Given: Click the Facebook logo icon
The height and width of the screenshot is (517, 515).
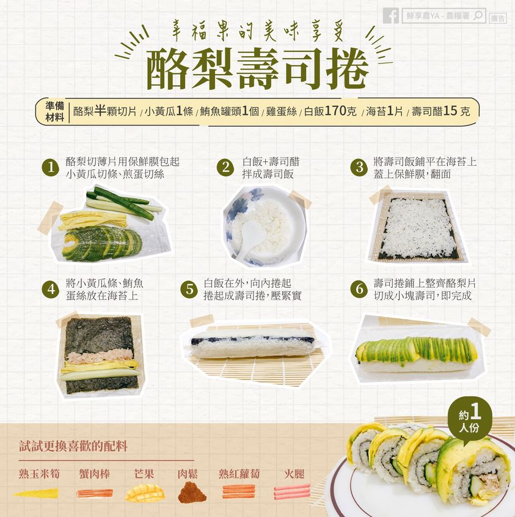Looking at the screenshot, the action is [391, 15].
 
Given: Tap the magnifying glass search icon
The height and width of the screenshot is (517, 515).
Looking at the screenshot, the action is [478, 15].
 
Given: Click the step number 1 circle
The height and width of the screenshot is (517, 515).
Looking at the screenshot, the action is [51, 167].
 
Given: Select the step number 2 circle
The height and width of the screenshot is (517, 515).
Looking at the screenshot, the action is [225, 167].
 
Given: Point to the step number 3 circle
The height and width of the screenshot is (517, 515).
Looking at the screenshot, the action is [359, 167].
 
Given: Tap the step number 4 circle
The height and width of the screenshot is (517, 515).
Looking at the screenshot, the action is [51, 290].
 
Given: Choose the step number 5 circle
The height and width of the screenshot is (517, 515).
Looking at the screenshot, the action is [189, 290].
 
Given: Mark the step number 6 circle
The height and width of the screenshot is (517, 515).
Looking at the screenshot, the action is [359, 290].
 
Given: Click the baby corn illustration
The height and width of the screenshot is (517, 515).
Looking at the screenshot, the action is [36, 494].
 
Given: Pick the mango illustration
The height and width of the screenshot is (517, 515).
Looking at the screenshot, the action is [144, 493].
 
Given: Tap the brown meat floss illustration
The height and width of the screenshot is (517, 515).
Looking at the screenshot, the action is [192, 493].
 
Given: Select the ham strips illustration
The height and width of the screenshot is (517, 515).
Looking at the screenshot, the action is [292, 491].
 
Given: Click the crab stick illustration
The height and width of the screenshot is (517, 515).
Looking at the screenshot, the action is [95, 494].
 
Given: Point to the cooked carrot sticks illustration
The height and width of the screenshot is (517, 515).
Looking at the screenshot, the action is [239, 491].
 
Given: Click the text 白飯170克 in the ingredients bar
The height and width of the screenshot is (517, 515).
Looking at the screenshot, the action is [330, 111].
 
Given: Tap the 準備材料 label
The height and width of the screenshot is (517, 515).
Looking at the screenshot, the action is [54, 111].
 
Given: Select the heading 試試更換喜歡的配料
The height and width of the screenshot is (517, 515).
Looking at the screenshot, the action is [73, 447].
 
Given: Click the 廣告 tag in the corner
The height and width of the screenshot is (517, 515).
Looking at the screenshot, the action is [497, 18].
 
